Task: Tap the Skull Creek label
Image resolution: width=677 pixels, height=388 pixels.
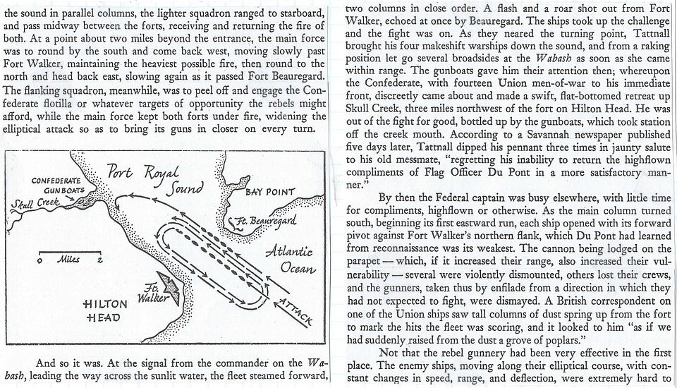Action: click(36, 204)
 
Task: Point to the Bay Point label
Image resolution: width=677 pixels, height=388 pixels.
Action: click(270, 192)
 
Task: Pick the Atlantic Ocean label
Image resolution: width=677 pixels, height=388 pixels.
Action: click(290, 260)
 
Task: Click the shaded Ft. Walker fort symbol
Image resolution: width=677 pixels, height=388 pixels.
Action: click(169, 287)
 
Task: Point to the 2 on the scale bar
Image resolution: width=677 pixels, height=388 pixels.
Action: click(99, 260)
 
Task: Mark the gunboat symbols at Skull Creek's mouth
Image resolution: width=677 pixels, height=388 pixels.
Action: click(85, 200)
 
